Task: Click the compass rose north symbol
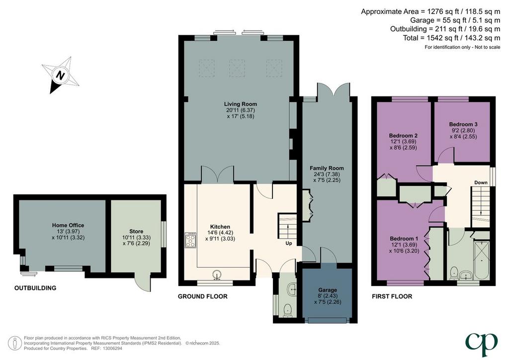[61, 75]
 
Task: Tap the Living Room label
[241, 104]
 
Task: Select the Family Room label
[327, 168]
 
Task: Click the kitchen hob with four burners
[190, 240]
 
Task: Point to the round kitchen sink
[217, 274]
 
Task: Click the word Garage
[328, 290]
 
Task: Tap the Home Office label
[68, 225]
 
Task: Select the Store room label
[136, 231]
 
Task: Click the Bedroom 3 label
[463, 124]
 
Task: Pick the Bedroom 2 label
[403, 135]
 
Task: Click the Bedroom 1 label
[404, 238]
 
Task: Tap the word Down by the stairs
[481, 182]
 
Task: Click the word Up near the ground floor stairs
[289, 243]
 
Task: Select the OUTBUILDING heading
[35, 288]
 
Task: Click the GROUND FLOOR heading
[203, 296]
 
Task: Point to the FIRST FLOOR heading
[392, 296]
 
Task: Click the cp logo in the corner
[481, 345]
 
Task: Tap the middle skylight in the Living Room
[237, 68]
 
